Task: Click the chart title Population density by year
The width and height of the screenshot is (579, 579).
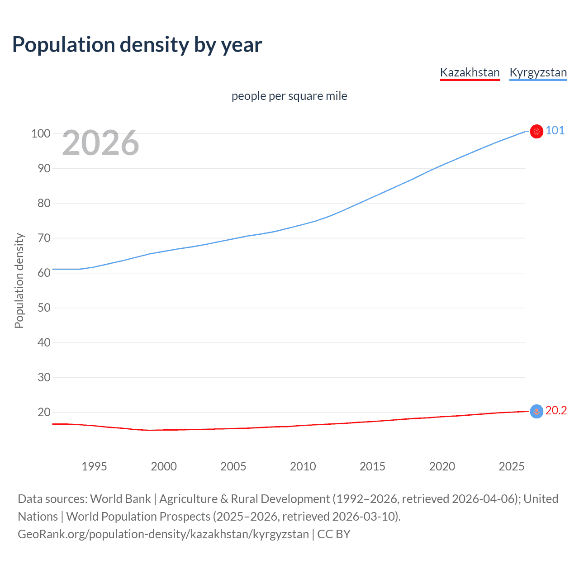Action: pyautogui.click(x=137, y=45)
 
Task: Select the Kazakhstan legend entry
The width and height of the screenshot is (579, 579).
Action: pyautogui.click(x=470, y=72)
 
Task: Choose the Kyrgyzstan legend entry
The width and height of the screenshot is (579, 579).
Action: pyautogui.click(x=538, y=72)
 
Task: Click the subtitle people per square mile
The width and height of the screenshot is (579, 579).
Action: pyautogui.click(x=289, y=96)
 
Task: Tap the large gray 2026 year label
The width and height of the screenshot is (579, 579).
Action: pyautogui.click(x=100, y=143)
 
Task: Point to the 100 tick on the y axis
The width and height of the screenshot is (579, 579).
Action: pyautogui.click(x=41, y=133)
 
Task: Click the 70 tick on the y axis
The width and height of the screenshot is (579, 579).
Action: pyautogui.click(x=44, y=238)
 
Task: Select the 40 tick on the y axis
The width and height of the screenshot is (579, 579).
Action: pyautogui.click(x=44, y=342)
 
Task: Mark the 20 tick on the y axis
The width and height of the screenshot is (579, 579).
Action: pyautogui.click(x=44, y=412)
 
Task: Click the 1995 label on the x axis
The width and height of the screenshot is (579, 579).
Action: pyautogui.click(x=94, y=466)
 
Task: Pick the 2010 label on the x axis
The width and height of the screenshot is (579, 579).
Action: pyautogui.click(x=303, y=466)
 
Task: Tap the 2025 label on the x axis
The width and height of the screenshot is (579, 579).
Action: pyautogui.click(x=511, y=466)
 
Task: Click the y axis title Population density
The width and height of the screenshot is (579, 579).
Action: pyautogui.click(x=19, y=280)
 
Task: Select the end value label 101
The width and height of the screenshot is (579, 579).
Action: pyautogui.click(x=555, y=131)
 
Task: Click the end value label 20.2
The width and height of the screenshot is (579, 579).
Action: pyautogui.click(x=556, y=411)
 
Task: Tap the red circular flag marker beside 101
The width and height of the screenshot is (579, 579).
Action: pyautogui.click(x=536, y=131)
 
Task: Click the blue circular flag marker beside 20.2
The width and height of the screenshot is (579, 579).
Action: pyautogui.click(x=536, y=411)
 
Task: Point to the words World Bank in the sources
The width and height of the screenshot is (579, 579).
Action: pyautogui.click(x=120, y=499)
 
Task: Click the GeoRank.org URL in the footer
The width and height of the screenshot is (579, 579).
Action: pyautogui.click(x=163, y=534)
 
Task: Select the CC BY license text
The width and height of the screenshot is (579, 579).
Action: pyautogui.click(x=334, y=534)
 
